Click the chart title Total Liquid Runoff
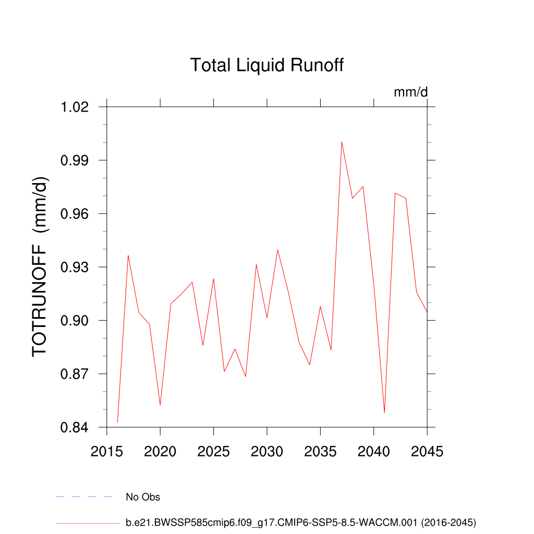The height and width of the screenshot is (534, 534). point(267,66)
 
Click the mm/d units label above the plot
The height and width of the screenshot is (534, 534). point(410,93)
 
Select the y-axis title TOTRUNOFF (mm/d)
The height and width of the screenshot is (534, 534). point(40,266)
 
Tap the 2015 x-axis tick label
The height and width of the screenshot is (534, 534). point(107,452)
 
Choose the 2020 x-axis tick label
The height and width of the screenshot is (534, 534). point(160,452)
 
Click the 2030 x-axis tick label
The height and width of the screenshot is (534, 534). point(267,452)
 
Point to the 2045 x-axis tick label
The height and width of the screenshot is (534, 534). point(427,452)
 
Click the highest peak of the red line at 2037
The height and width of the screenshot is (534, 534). point(342,142)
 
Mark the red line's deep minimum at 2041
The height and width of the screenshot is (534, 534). point(384,412)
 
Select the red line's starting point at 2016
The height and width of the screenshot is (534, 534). point(118,422)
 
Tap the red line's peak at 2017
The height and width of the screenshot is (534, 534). point(128,256)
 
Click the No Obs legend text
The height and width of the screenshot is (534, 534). point(143,497)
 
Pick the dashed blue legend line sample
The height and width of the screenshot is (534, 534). point(84,497)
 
